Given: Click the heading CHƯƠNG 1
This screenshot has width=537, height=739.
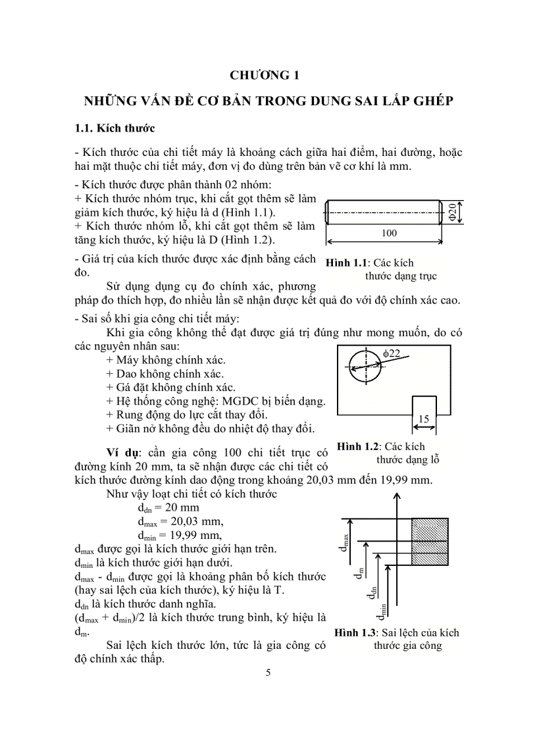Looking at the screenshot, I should point(268,75).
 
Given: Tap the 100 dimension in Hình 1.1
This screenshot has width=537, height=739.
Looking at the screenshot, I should point(389,233).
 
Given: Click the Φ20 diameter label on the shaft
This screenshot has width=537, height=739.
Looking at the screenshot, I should point(453,212).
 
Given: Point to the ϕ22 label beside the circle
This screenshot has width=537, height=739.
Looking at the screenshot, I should point(392,353).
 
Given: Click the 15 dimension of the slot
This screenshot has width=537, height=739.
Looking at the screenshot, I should point(424,419).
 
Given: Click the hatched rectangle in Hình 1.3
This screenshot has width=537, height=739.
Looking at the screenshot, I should point(430,541).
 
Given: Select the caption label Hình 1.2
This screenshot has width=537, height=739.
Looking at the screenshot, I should point(356,447).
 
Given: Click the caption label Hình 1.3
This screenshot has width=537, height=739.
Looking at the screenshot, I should point(355,633).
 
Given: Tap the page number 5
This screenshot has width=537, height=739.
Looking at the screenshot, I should point(268,673).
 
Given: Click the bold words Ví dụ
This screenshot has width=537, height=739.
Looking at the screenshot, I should point(123,452).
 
